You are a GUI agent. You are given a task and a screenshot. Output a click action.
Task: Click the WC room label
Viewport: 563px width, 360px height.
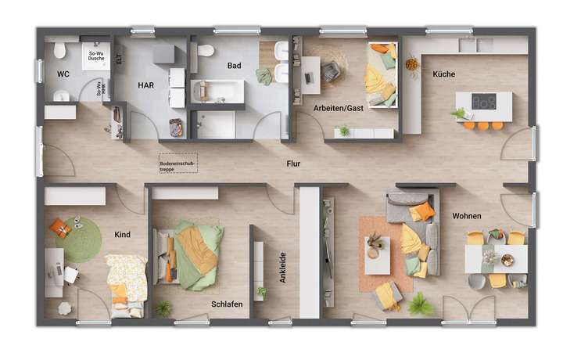coord(63,74)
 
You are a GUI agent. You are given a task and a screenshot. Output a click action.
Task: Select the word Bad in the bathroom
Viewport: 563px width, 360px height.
coord(235,67)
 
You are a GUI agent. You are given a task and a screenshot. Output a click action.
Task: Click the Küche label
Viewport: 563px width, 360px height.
coord(443,74)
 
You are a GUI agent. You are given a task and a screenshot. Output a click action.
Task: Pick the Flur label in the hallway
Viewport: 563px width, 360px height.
coord(294,165)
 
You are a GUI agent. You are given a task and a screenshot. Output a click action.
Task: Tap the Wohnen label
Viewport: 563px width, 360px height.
coord(466,215)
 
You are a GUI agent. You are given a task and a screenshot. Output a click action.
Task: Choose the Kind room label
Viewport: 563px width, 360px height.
coord(123,234)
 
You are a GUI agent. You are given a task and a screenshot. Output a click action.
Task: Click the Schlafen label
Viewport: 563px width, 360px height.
coord(226,304)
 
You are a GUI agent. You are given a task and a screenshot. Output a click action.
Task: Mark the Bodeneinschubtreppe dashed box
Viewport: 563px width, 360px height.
coord(178,162)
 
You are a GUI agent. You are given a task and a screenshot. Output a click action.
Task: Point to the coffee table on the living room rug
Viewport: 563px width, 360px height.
coord(378,253)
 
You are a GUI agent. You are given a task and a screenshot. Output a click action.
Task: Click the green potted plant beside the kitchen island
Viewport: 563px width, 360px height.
coord(458,115)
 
